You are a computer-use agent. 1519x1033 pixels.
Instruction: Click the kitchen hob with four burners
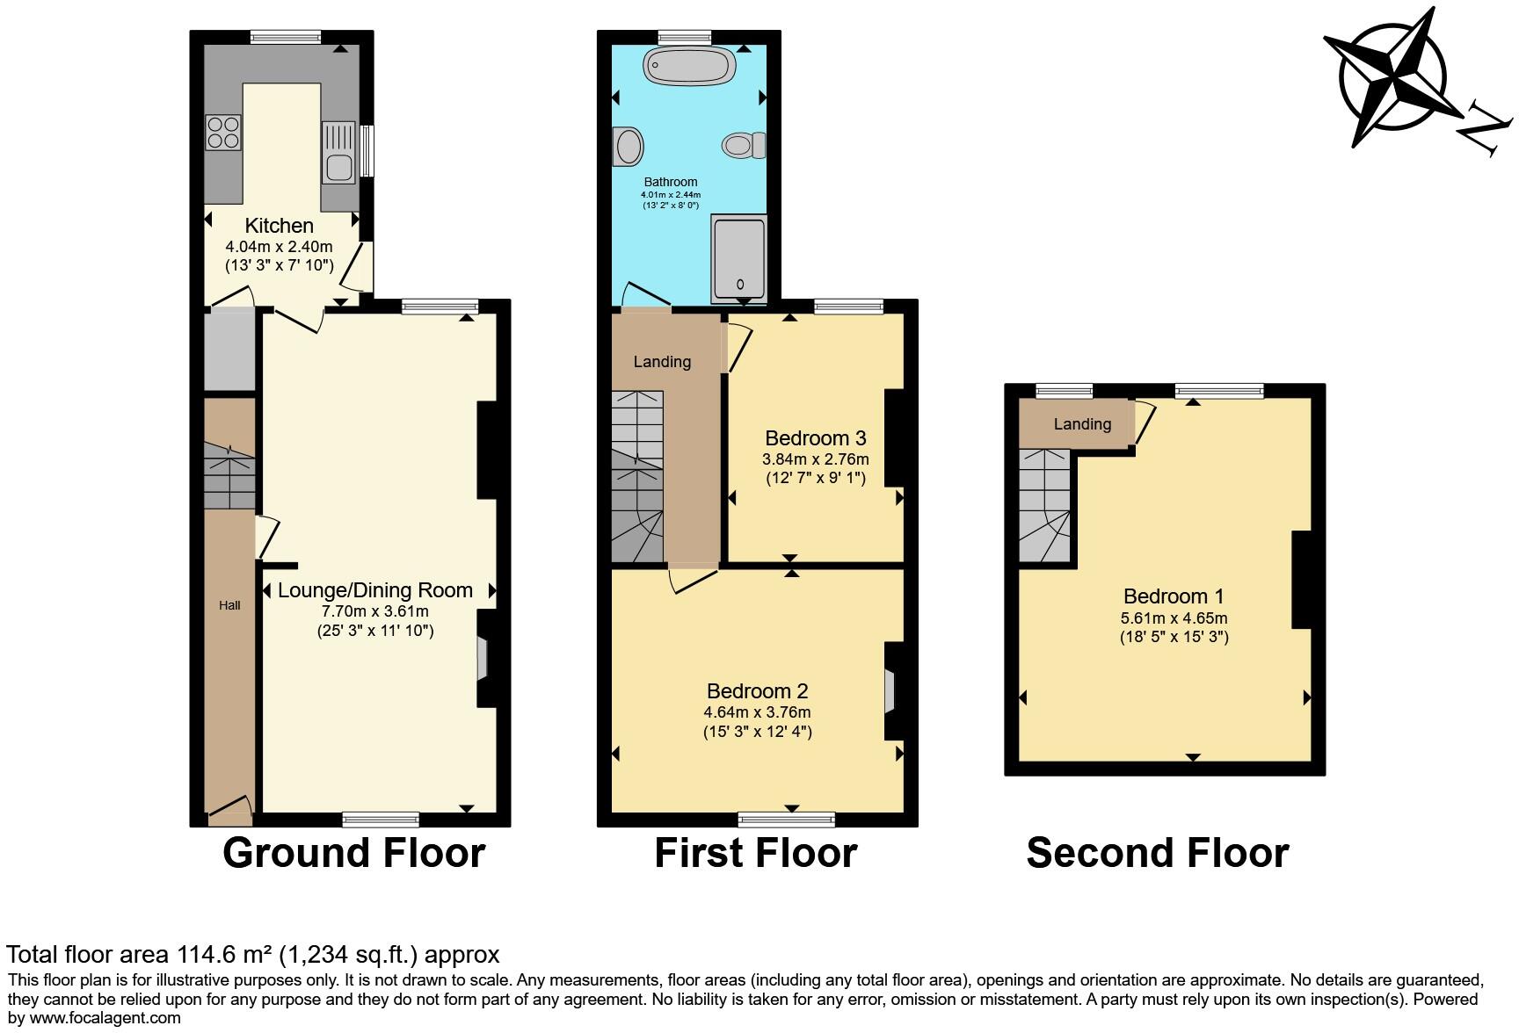pyautogui.click(x=223, y=133)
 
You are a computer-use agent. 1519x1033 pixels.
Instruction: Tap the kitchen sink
pyautogui.click(x=338, y=153)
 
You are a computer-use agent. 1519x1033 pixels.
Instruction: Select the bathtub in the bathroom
pyautogui.click(x=688, y=65)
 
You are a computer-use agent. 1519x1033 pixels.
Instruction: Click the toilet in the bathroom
pyautogui.click(x=744, y=144)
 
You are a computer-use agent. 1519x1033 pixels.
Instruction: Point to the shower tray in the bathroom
pyautogui.click(x=739, y=256)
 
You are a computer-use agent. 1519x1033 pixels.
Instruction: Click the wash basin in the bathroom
pyautogui.click(x=628, y=146)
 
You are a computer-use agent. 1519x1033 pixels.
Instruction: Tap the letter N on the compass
pyautogui.click(x=1485, y=131)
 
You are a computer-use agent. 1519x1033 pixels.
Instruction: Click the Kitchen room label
pyautogui.click(x=279, y=226)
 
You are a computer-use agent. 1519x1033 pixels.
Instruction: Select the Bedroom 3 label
pyautogui.click(x=815, y=437)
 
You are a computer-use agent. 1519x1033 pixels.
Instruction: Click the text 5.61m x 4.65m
pyautogui.click(x=1174, y=618)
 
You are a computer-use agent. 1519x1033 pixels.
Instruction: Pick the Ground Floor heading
pyautogui.click(x=353, y=853)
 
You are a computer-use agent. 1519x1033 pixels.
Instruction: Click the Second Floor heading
pyautogui.click(x=1157, y=853)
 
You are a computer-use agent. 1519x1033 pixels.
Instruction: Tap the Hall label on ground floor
pyautogui.click(x=229, y=605)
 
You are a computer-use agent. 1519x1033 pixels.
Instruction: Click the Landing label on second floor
pyautogui.click(x=1082, y=424)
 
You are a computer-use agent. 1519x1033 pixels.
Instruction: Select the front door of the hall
pyautogui.click(x=229, y=808)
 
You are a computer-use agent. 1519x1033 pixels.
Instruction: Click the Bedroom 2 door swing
pyautogui.click(x=691, y=581)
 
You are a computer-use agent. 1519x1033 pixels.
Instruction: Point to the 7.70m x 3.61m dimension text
pyautogui.click(x=375, y=611)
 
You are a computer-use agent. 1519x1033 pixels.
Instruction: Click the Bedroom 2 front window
pyautogui.click(x=787, y=820)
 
